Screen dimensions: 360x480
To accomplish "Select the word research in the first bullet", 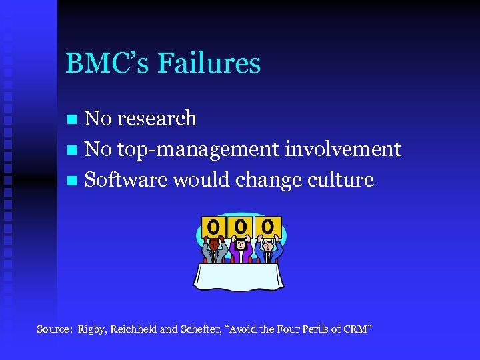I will tap(157, 119).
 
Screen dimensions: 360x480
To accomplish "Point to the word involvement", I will tap(343, 149).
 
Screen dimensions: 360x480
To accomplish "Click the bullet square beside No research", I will tap(74, 120).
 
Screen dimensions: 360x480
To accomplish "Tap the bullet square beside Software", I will tap(74, 181).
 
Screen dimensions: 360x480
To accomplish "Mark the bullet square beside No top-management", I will tap(74, 151).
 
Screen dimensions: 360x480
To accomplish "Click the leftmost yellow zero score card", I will tap(213, 228).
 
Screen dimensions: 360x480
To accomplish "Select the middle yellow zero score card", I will tap(240, 227).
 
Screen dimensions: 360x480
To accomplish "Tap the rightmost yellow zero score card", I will tap(268, 227).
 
